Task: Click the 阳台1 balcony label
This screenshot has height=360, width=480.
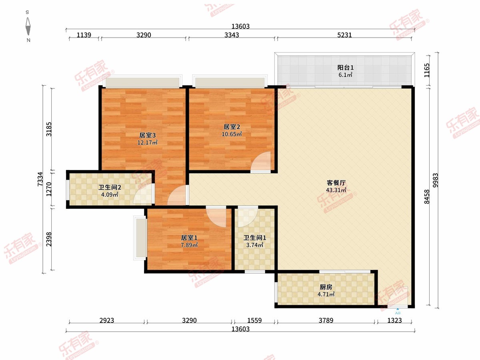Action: click(345, 68)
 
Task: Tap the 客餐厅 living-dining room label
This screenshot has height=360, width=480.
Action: click(336, 182)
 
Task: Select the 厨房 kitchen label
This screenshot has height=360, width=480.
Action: click(326, 287)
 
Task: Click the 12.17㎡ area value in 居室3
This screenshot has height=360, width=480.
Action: click(147, 142)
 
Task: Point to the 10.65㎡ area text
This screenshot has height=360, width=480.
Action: click(232, 134)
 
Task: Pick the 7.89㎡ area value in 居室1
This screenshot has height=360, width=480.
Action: click(189, 245)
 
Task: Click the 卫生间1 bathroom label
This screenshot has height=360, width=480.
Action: click(255, 238)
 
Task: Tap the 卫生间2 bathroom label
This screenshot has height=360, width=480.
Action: click(110, 187)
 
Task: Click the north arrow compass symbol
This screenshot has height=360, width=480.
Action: click(28, 26)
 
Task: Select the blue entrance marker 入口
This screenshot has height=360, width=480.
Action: click(398, 311)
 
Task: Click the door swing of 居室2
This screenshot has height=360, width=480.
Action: click(261, 161)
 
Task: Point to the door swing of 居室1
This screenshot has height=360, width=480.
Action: click(216, 217)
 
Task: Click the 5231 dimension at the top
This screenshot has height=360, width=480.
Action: click(344, 35)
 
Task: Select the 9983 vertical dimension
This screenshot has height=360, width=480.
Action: click(435, 180)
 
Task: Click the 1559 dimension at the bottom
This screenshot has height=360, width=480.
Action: click(254, 320)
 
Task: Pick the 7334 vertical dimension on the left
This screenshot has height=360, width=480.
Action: click(40, 179)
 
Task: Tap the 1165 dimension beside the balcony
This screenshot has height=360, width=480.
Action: click(427, 70)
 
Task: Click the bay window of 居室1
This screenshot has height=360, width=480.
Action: click(140, 238)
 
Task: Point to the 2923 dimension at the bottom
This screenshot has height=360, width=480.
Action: click(107, 320)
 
